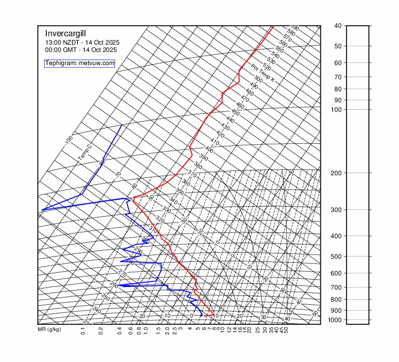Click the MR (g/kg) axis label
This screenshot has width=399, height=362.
[49, 330]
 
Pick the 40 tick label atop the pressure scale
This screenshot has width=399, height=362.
[338, 26]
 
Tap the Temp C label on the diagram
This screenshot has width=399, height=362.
[85, 153]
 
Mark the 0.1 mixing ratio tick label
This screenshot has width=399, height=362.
[83, 332]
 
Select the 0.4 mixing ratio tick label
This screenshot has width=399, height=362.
[120, 332]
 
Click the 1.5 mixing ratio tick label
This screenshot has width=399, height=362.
[159, 332]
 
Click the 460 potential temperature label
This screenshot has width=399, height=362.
[240, 107]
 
